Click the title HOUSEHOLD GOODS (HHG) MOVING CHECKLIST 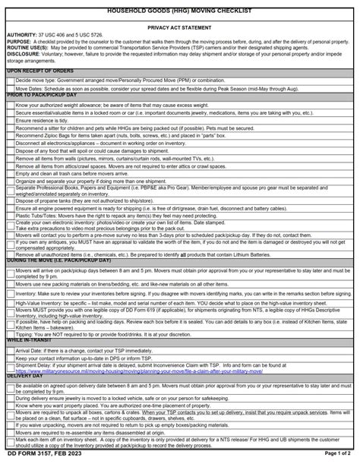coord(179,5)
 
